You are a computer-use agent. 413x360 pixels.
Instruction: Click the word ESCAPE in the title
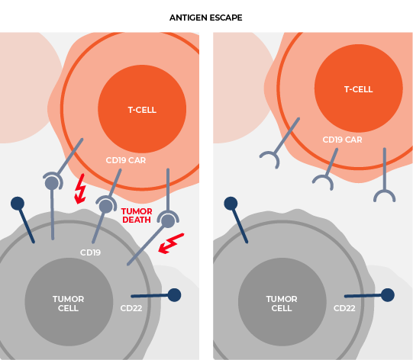227,18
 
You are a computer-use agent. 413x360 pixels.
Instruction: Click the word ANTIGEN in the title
190,18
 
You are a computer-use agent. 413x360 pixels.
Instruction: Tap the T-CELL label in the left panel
142,110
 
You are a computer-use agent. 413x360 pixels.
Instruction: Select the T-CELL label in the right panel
359,89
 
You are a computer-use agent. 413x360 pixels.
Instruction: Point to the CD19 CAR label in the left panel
126,160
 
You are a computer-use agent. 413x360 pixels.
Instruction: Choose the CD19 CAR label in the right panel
343,140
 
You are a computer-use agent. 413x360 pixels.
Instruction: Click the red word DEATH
137,220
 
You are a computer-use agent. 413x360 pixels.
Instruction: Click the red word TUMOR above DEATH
137,211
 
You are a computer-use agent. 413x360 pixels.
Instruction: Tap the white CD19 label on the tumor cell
90,252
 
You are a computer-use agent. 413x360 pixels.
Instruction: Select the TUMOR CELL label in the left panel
68,304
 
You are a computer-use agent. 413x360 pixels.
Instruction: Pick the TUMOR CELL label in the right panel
282,304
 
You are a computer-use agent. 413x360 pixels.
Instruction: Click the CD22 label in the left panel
131,308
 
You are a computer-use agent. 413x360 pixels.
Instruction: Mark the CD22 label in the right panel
344,308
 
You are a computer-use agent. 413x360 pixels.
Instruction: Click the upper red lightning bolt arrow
80,188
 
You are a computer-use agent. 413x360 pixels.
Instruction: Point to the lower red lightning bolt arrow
171,243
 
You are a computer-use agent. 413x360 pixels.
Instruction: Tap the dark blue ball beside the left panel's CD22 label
174,295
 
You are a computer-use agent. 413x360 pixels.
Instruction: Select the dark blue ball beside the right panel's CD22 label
388,295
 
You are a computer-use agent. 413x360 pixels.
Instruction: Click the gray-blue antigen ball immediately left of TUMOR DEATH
106,206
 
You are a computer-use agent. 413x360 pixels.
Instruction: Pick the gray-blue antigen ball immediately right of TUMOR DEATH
168,220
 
